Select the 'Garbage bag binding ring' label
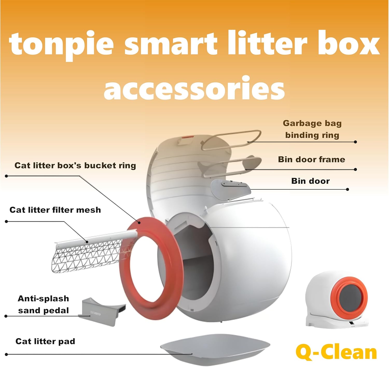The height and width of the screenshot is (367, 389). (312, 129)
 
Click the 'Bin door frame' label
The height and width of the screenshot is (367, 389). (311, 159)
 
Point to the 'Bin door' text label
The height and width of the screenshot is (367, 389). (310, 181)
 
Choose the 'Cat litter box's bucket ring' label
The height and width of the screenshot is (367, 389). (75, 165)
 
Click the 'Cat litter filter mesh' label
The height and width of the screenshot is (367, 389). (55, 210)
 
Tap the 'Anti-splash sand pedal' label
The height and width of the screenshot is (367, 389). (43, 304)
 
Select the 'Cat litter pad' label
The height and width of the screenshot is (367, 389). (45, 341)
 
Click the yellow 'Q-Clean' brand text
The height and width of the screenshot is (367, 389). (336, 352)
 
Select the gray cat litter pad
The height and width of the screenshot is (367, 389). (215, 347)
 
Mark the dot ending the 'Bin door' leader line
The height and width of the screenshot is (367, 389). (348, 189)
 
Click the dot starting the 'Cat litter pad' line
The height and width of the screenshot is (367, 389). (6, 354)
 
